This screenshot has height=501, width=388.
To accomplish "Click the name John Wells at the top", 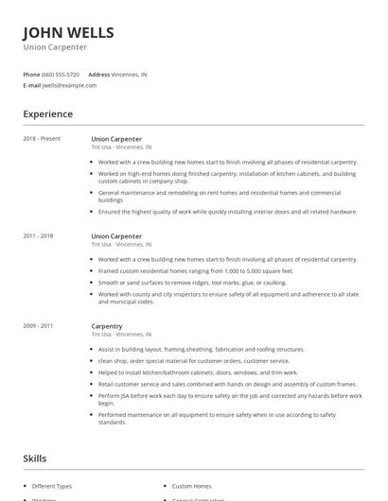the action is [68, 33].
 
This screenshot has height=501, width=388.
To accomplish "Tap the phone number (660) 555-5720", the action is [61, 74].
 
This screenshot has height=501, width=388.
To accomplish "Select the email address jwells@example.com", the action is [69, 85].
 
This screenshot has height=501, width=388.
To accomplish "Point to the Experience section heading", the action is [48, 114].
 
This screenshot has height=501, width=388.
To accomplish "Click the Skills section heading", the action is [35, 458].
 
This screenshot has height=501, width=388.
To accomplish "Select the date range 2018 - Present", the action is [42, 139].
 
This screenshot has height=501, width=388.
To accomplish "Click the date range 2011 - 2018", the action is [38, 235].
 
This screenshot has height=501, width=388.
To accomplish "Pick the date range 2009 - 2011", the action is [38, 326].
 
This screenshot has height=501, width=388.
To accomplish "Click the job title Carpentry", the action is [107, 326].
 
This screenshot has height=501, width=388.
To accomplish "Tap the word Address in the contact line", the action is [99, 74].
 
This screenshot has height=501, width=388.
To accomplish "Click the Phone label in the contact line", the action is [31, 74].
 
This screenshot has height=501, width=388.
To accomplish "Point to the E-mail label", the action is [32, 85].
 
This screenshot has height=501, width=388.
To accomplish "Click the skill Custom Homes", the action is [193, 486].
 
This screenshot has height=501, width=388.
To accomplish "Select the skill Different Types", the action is [52, 486].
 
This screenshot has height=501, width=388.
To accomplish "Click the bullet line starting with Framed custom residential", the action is [196, 270].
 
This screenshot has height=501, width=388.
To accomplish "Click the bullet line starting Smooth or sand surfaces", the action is [191, 282].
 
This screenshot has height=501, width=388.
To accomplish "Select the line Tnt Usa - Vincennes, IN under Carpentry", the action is [122, 335].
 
